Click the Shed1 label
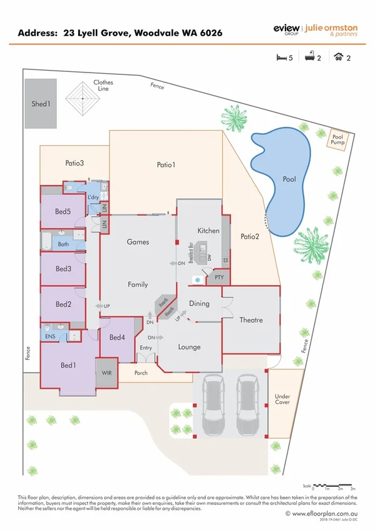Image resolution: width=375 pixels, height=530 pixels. pos(40,104)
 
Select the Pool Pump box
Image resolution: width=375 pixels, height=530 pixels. pos(339,137)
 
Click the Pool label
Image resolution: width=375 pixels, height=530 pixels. pos(289,179)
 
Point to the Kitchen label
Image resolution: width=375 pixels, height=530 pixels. pos(208,231)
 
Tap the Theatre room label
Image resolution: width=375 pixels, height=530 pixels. pos(251,320)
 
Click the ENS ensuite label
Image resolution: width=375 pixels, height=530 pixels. pos(50,336)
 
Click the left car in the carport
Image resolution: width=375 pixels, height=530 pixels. pos(213,404)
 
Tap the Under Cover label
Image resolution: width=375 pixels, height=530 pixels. pos(282,399)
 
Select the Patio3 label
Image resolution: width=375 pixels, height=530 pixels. pos(74,164)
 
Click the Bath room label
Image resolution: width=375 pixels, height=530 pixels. pos(63,244)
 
